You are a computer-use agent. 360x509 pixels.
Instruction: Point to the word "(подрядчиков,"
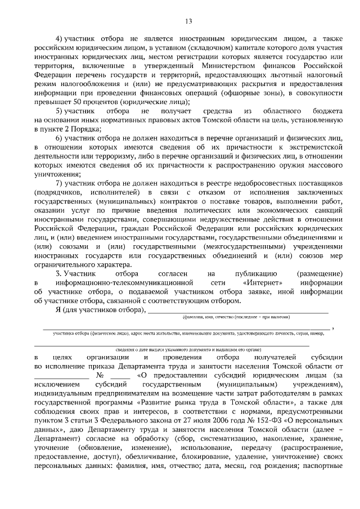[x=60, y=192]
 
